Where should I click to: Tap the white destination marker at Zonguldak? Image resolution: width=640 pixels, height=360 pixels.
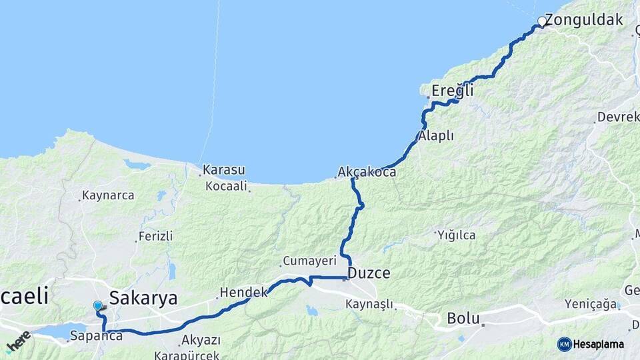point(542,22)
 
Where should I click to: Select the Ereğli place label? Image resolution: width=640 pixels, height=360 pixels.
point(453,90)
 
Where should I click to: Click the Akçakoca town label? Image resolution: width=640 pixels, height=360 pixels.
point(367,172)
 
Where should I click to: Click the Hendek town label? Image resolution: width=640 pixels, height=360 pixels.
point(245,292)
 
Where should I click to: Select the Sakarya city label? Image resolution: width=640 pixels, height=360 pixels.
point(143,297)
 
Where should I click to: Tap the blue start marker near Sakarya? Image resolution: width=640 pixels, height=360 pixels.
point(98,305)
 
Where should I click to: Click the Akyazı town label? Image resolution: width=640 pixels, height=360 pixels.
point(201,340)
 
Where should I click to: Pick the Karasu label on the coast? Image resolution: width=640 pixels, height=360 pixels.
point(224,170)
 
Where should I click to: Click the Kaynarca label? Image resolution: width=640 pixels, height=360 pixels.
point(107,196)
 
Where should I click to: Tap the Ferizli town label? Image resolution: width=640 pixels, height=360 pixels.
point(155,236)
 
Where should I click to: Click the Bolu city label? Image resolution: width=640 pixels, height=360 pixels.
point(463,317)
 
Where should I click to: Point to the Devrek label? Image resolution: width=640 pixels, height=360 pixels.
point(618,117)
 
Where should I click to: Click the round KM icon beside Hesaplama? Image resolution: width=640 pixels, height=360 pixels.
point(565,344)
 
